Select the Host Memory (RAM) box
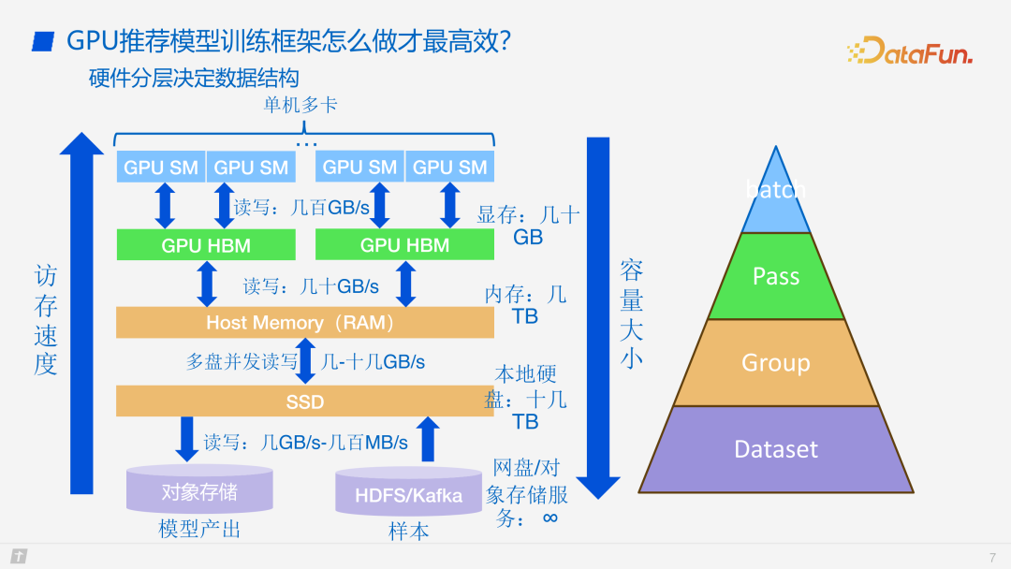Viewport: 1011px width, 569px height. pos(304,323)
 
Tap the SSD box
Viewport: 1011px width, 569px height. pos(304,401)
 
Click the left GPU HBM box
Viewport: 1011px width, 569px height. pos(206,245)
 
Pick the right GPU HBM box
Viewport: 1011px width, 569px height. pos(404,245)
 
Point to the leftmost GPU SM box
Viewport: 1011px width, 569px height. pos(161,168)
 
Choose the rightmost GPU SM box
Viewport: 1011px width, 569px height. pos(450,168)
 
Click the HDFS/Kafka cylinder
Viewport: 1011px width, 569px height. pos(409,493)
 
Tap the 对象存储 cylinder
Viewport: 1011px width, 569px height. pos(199,490)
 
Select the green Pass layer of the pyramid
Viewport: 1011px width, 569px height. pos(776,276)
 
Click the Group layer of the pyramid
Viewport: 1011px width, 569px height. pos(776,362)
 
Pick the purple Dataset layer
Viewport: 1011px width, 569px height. pos(776,449)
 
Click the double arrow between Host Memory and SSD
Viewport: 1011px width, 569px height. pos(306,362)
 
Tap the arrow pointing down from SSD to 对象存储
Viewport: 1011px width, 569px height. pos(187,439)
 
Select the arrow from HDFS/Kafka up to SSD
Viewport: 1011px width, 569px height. pos(427,439)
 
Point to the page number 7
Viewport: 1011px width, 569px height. pos(992,558)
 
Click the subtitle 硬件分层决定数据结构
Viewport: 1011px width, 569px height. pos(194,78)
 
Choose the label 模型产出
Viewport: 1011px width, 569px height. pos(199,530)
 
